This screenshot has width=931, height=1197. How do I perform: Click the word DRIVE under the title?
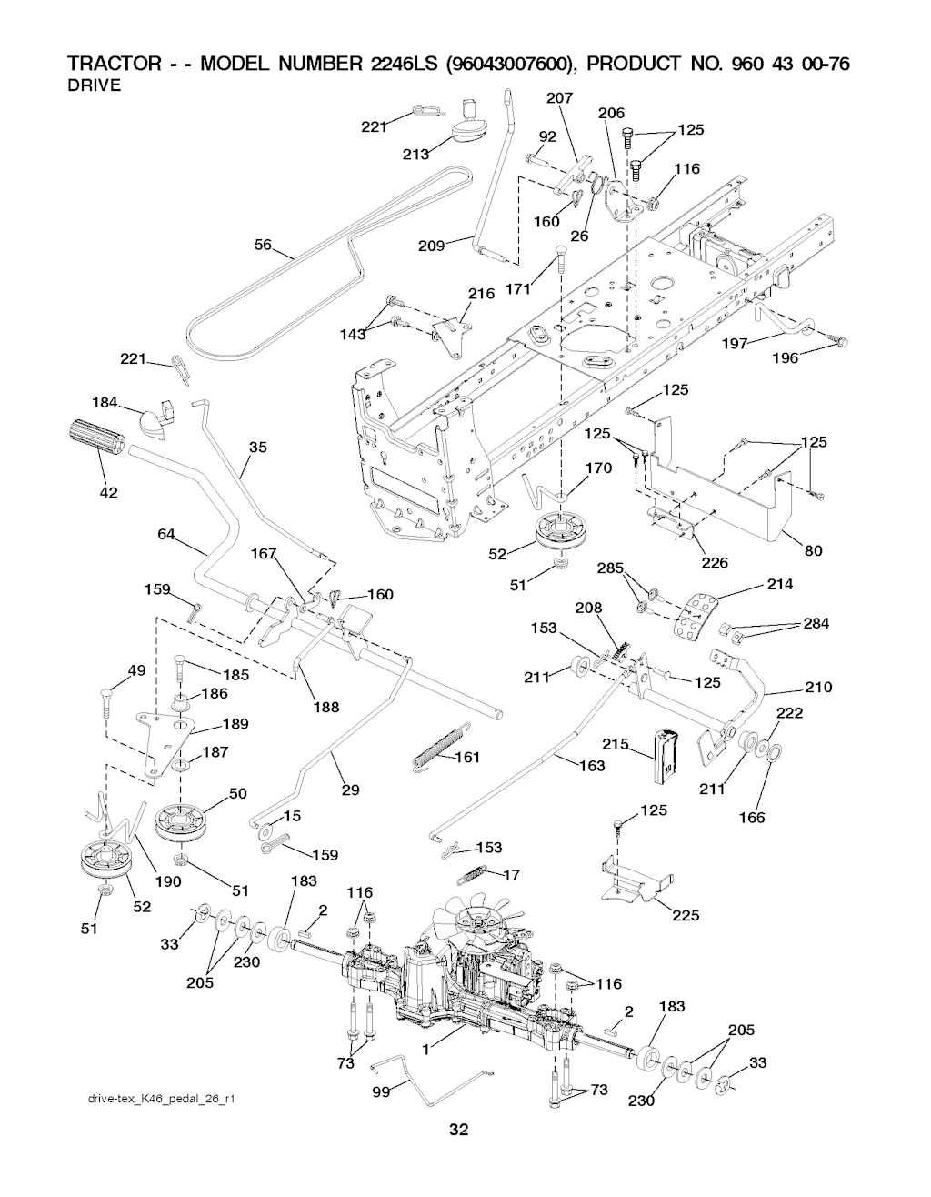click(x=95, y=86)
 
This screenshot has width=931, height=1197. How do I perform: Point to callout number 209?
click(x=431, y=246)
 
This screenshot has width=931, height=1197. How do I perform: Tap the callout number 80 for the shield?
click(x=813, y=550)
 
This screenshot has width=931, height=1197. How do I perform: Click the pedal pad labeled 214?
click(x=694, y=616)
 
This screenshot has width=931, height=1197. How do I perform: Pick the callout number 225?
click(x=686, y=915)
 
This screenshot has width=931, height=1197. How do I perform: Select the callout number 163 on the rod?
click(x=592, y=766)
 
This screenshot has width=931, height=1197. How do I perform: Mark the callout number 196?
click(x=785, y=358)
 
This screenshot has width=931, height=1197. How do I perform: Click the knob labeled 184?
click(x=152, y=421)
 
